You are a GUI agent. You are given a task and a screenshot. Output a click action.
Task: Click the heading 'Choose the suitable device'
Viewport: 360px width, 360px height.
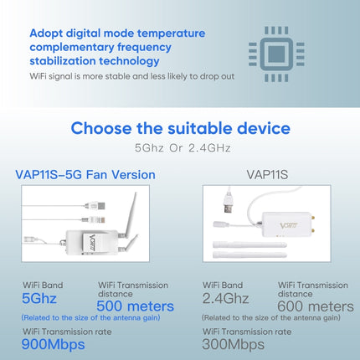180,128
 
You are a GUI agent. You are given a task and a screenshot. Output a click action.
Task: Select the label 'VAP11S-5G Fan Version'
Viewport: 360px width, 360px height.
85,174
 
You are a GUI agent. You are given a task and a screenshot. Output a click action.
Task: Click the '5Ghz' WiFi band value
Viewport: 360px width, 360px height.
41,298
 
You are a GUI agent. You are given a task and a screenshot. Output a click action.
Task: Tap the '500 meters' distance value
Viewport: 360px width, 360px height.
136,306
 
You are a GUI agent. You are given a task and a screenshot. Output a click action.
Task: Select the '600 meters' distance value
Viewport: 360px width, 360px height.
316,306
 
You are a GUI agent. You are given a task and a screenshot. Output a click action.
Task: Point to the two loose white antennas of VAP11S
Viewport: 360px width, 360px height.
242,252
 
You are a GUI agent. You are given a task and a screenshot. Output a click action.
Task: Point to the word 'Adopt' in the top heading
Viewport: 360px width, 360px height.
47,33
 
